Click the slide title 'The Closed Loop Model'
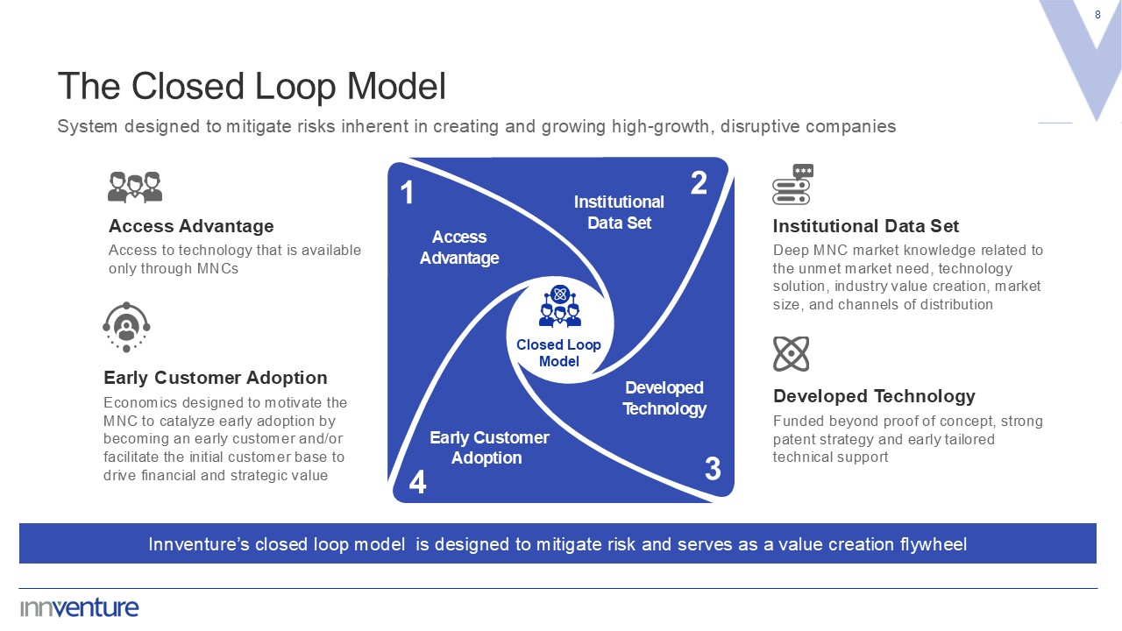pyautogui.click(x=252, y=87)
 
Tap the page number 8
pyautogui.click(x=1098, y=15)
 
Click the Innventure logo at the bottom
pyautogui.click(x=80, y=607)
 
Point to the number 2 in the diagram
pyautogui.click(x=699, y=183)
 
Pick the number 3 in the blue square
pyautogui.click(x=713, y=470)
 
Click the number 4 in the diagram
pyautogui.click(x=418, y=483)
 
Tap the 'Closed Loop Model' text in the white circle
pyautogui.click(x=558, y=353)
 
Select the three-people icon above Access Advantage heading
pyautogui.click(x=135, y=187)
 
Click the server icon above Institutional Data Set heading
pyautogui.click(x=792, y=185)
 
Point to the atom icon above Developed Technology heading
pyautogui.click(x=791, y=354)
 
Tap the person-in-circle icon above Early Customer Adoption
pyautogui.click(x=126, y=327)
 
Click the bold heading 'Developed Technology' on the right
pyautogui.click(x=873, y=396)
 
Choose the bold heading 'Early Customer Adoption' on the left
pyautogui.click(x=216, y=378)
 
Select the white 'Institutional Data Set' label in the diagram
pyautogui.click(x=619, y=212)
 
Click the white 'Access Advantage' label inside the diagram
pyautogui.click(x=459, y=247)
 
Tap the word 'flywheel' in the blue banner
pyautogui.click(x=933, y=544)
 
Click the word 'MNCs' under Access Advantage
pyautogui.click(x=217, y=268)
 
